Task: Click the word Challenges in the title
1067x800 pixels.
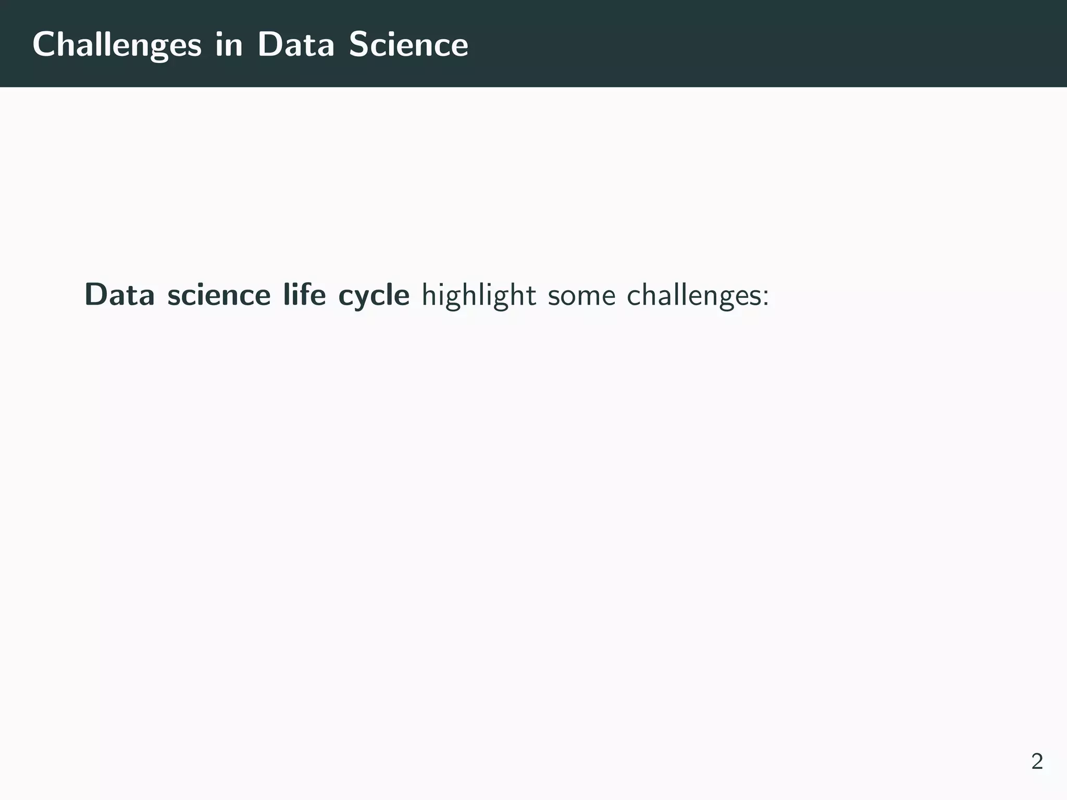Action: pyautogui.click(x=117, y=45)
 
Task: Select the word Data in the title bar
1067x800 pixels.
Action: pyautogui.click(x=295, y=45)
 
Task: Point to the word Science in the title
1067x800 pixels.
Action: pyautogui.click(x=408, y=45)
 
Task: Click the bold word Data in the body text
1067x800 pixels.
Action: pyautogui.click(x=120, y=295)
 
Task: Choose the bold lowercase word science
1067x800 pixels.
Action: pyautogui.click(x=219, y=295)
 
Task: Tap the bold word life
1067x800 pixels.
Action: pyautogui.click(x=304, y=295)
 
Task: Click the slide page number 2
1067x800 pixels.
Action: pyautogui.click(x=1037, y=761)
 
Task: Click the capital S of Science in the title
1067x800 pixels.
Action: pyautogui.click(x=359, y=45)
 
